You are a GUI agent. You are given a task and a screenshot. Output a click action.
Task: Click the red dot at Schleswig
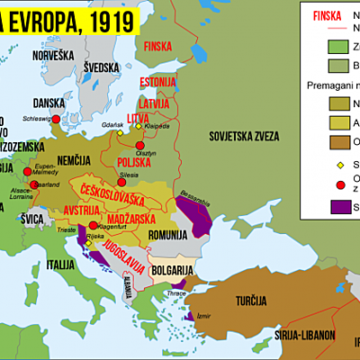[x=56, y=119]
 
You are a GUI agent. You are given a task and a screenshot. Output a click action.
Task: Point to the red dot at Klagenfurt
[x=93, y=225]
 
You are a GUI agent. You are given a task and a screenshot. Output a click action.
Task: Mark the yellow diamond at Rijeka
[x=89, y=242]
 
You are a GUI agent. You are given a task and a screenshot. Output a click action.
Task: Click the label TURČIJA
[x=260, y=301]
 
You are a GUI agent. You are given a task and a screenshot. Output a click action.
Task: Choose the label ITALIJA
[x=61, y=265]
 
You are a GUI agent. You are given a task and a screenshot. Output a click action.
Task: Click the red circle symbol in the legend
[x=315, y=183]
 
